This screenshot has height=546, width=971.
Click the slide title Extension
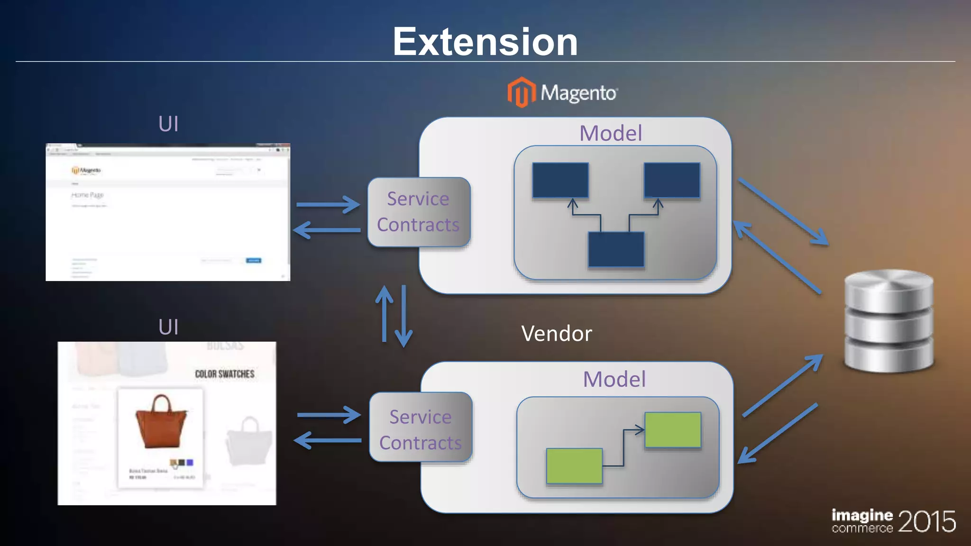(485, 42)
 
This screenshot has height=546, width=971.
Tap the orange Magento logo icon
(521, 92)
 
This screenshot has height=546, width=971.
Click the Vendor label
(556, 334)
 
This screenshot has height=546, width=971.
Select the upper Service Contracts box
(419, 212)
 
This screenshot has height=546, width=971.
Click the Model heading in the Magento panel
(611, 133)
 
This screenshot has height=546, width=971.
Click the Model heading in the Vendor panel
(614, 379)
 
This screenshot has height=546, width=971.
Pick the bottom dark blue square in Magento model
(616, 250)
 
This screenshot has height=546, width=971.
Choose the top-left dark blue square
(560, 180)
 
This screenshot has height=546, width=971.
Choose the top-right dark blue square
(671, 180)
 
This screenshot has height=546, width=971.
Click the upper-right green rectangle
(672, 430)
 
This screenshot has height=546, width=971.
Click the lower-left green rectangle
(574, 466)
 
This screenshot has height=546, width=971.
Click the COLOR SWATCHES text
(225, 374)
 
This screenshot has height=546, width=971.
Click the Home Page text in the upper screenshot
(87, 195)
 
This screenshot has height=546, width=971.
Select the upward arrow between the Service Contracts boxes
(385, 314)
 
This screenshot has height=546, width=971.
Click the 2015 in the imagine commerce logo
(926, 522)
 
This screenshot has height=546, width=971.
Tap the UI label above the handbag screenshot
(168, 327)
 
